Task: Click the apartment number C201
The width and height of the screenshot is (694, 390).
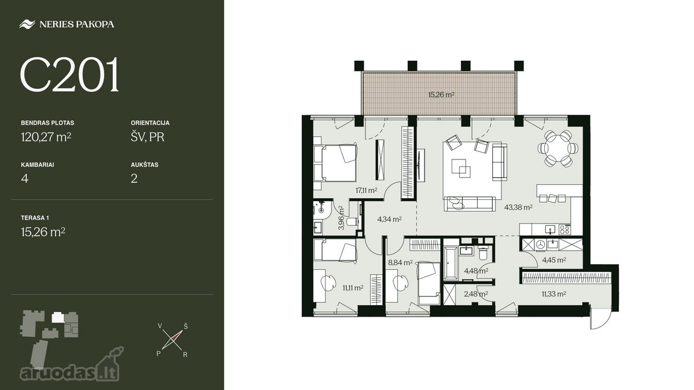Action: [70, 75]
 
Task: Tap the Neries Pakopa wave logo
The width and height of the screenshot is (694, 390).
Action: [27, 24]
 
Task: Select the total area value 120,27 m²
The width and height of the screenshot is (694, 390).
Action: [46, 136]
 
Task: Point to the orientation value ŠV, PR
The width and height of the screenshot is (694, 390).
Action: [147, 137]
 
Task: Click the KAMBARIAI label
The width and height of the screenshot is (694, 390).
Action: [38, 165]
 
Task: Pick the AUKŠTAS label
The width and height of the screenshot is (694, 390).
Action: [145, 165]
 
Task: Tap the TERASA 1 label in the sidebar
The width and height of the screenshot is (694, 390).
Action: [35, 218]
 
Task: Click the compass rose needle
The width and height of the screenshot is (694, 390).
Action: [172, 340]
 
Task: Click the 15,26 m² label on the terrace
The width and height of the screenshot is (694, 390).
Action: [441, 95]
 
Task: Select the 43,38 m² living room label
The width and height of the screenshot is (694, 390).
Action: [518, 207]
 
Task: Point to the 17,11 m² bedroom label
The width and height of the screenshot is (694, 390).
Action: [366, 190]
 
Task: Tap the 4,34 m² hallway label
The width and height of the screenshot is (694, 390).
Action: [389, 220]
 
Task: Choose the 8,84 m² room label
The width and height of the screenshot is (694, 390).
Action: [400, 263]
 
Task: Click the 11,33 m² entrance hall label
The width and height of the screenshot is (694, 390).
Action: [554, 294]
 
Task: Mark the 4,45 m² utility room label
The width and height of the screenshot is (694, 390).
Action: [554, 260]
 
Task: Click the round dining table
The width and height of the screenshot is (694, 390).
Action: [558, 148]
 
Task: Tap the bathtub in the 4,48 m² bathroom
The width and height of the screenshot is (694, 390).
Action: [451, 263]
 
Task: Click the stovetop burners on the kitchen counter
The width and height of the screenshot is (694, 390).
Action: [565, 229]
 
